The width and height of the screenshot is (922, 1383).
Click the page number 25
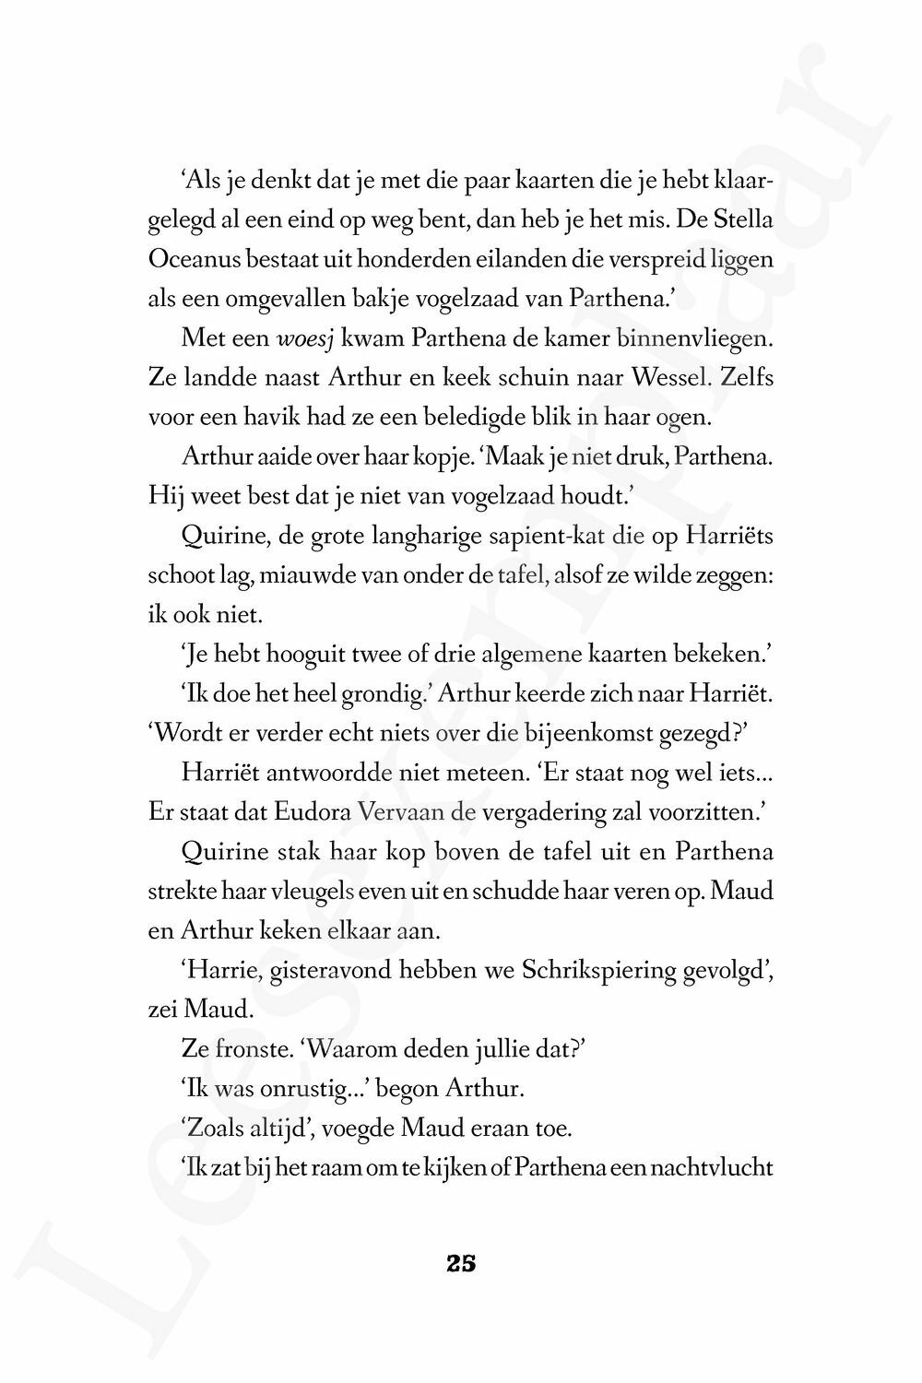tap(461, 1264)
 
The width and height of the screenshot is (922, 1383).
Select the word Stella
tap(743, 221)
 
